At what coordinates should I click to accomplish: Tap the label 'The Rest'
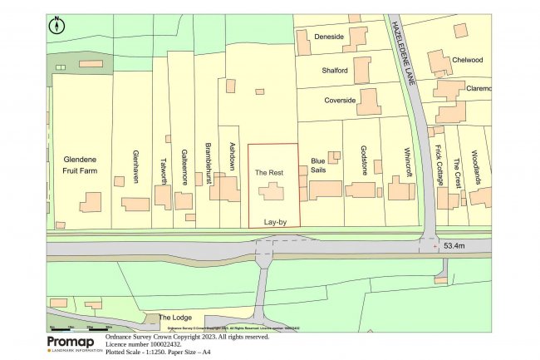pos(269,172)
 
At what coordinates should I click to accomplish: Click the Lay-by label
pos(274,223)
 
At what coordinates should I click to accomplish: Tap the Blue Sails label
pos(318,165)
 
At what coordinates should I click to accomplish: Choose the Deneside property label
pos(328,37)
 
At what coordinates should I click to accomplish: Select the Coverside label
pos(339,101)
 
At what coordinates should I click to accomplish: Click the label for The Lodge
pos(174,318)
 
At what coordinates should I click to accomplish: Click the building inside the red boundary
pos(271,193)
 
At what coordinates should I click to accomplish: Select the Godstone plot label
pos(363,158)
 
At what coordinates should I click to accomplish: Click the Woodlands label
pos(476,167)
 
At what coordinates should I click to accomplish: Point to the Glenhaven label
pos(135,166)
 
